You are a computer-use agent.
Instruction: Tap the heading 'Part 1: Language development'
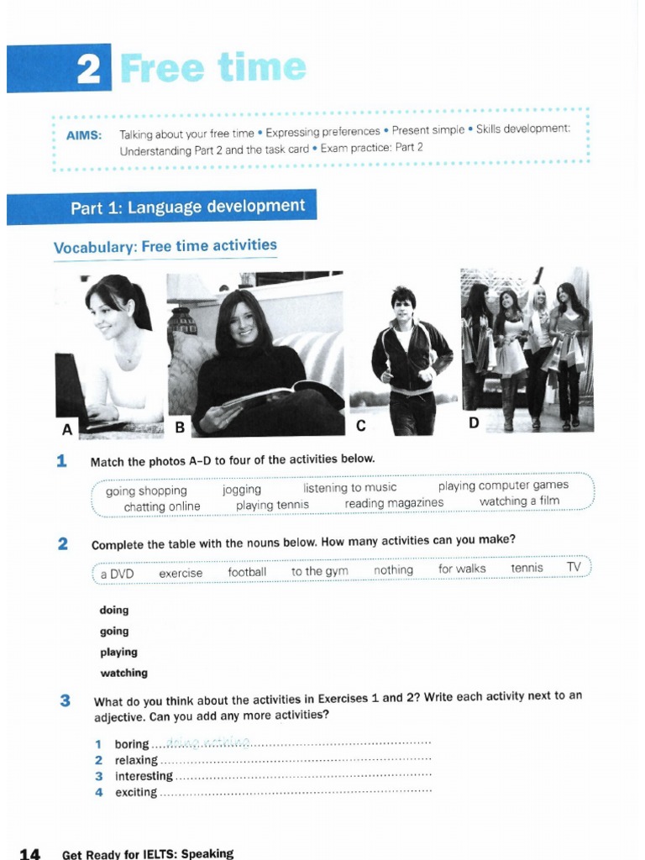click(187, 207)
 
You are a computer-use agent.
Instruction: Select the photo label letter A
click(67, 429)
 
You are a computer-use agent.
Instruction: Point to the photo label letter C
click(360, 426)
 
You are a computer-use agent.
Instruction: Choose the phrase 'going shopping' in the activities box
click(146, 490)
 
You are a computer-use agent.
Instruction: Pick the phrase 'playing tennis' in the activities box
click(272, 505)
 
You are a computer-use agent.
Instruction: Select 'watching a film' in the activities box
click(519, 501)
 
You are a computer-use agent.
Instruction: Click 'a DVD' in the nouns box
click(117, 573)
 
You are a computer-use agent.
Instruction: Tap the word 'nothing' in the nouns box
click(393, 570)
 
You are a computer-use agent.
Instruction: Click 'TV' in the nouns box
click(574, 567)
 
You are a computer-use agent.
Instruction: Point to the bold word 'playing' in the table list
click(118, 652)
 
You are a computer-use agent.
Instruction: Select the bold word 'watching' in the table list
click(123, 673)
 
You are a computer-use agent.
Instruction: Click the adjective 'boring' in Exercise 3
click(132, 744)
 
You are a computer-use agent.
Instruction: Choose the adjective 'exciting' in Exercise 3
click(136, 792)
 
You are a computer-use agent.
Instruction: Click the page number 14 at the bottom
click(29, 853)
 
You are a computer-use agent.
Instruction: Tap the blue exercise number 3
click(65, 700)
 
